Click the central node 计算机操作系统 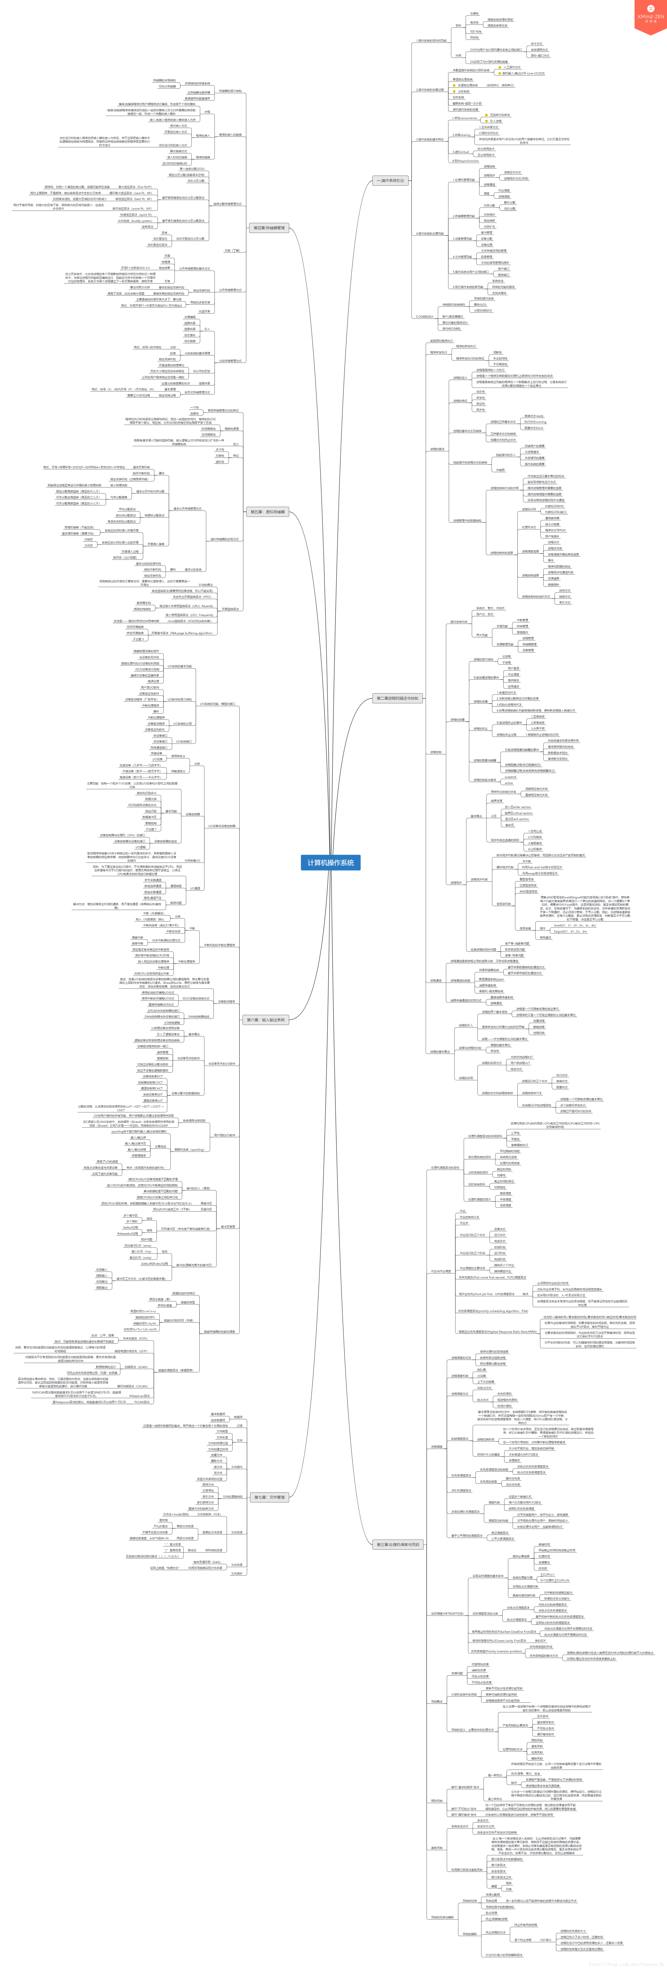pyautogui.click(x=330, y=862)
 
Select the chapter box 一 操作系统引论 pyautogui.click(x=390, y=180)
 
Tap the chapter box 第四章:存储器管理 pyautogui.click(x=269, y=228)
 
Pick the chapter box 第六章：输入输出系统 pyautogui.click(x=265, y=1020)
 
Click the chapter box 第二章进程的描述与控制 pyautogui.click(x=397, y=698)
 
